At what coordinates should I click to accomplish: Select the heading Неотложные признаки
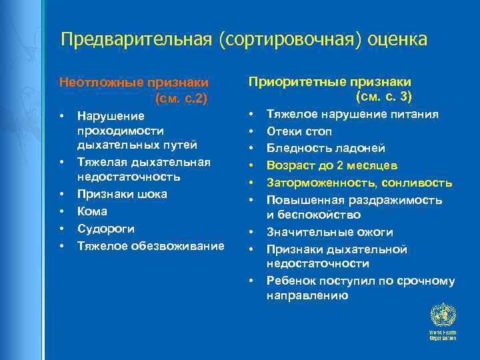(x=134, y=83)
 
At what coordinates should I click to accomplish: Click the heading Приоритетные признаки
(x=329, y=81)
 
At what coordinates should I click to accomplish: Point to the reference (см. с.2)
(x=181, y=99)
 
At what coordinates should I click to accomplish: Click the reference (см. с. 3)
(x=385, y=97)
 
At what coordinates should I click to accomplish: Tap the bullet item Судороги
(x=105, y=229)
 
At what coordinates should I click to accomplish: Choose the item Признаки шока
(x=122, y=194)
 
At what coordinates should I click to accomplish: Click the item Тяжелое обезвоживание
(x=151, y=246)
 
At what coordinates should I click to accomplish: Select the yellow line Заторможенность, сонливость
(x=359, y=183)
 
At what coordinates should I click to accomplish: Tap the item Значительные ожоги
(x=329, y=232)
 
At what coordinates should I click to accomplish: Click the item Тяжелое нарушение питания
(x=353, y=114)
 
